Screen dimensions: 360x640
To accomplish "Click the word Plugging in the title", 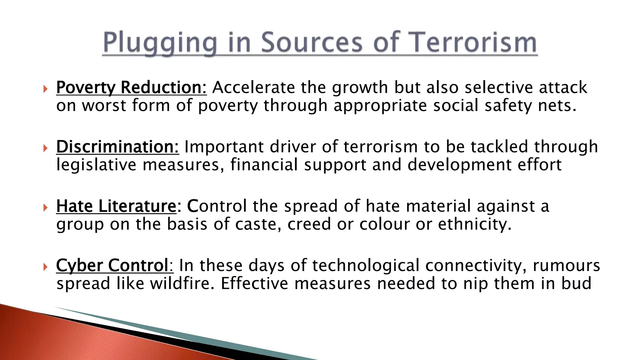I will click(x=160, y=43).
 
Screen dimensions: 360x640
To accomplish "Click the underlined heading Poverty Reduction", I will click(x=131, y=87).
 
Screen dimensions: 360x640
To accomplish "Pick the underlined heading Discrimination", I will click(x=117, y=147).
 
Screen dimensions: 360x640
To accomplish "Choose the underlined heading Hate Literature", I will click(x=116, y=206).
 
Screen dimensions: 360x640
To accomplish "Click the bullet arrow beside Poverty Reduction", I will click(x=46, y=89).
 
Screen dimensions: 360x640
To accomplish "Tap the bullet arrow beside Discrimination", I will click(x=46, y=148).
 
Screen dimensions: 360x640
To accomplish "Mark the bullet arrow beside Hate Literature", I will click(x=46, y=207).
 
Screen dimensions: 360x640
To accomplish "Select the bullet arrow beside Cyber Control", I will click(x=46, y=267).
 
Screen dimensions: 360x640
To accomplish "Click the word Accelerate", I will click(x=253, y=87).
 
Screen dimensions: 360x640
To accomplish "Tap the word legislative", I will click(x=96, y=165).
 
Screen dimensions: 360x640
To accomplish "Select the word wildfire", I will click(x=182, y=284).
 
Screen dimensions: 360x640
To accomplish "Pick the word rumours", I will click(x=566, y=266).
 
